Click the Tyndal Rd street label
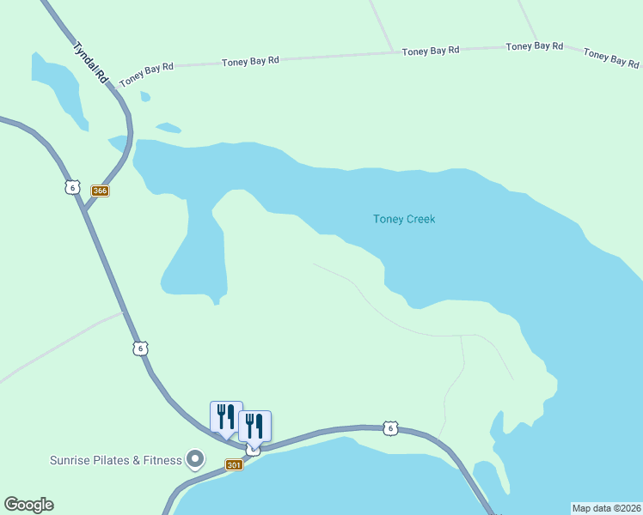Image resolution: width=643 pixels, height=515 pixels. tap(91, 63)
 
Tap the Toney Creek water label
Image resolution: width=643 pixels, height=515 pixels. tap(404, 219)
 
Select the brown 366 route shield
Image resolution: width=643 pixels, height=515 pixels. tap(101, 191)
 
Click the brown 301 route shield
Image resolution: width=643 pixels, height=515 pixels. tap(234, 464)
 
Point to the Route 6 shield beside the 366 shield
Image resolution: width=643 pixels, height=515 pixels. tap(72, 187)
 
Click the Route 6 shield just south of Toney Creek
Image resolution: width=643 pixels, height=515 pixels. tap(391, 427)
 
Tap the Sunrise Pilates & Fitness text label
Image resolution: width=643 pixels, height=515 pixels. tap(115, 460)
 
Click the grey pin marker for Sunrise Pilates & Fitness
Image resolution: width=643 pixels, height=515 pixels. tap(195, 460)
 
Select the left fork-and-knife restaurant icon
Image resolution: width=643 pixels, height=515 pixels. tap(226, 417)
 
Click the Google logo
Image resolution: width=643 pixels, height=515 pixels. tap(28, 505)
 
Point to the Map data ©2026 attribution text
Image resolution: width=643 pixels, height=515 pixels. tap(606, 507)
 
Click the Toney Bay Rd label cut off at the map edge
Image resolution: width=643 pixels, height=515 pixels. tap(612, 57)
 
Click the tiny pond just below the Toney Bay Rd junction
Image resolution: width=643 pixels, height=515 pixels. tap(144, 97)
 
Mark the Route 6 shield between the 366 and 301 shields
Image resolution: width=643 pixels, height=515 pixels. tap(141, 348)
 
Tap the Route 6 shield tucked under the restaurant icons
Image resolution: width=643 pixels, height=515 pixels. tap(253, 450)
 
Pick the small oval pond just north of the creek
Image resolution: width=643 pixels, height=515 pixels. tap(168, 129)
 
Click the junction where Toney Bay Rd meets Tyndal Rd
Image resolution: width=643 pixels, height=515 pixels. tap(115, 84)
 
